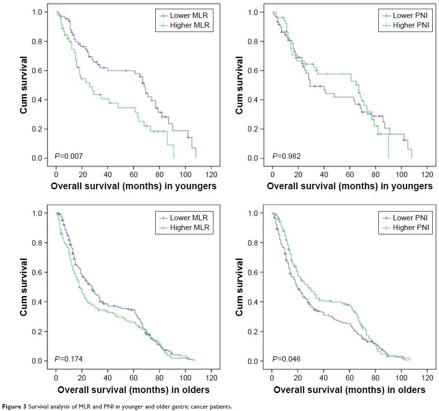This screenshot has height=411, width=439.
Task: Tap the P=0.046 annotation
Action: pos(284,359)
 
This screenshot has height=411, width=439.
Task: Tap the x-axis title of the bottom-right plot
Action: pos(349,390)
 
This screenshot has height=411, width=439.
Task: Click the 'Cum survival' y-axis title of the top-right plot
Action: pos(240,85)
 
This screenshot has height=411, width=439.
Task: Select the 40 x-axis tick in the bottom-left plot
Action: pos(108,377)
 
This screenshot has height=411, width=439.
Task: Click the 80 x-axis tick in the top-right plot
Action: pos(376,175)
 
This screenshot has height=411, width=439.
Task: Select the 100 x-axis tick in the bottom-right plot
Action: pos(402,377)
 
